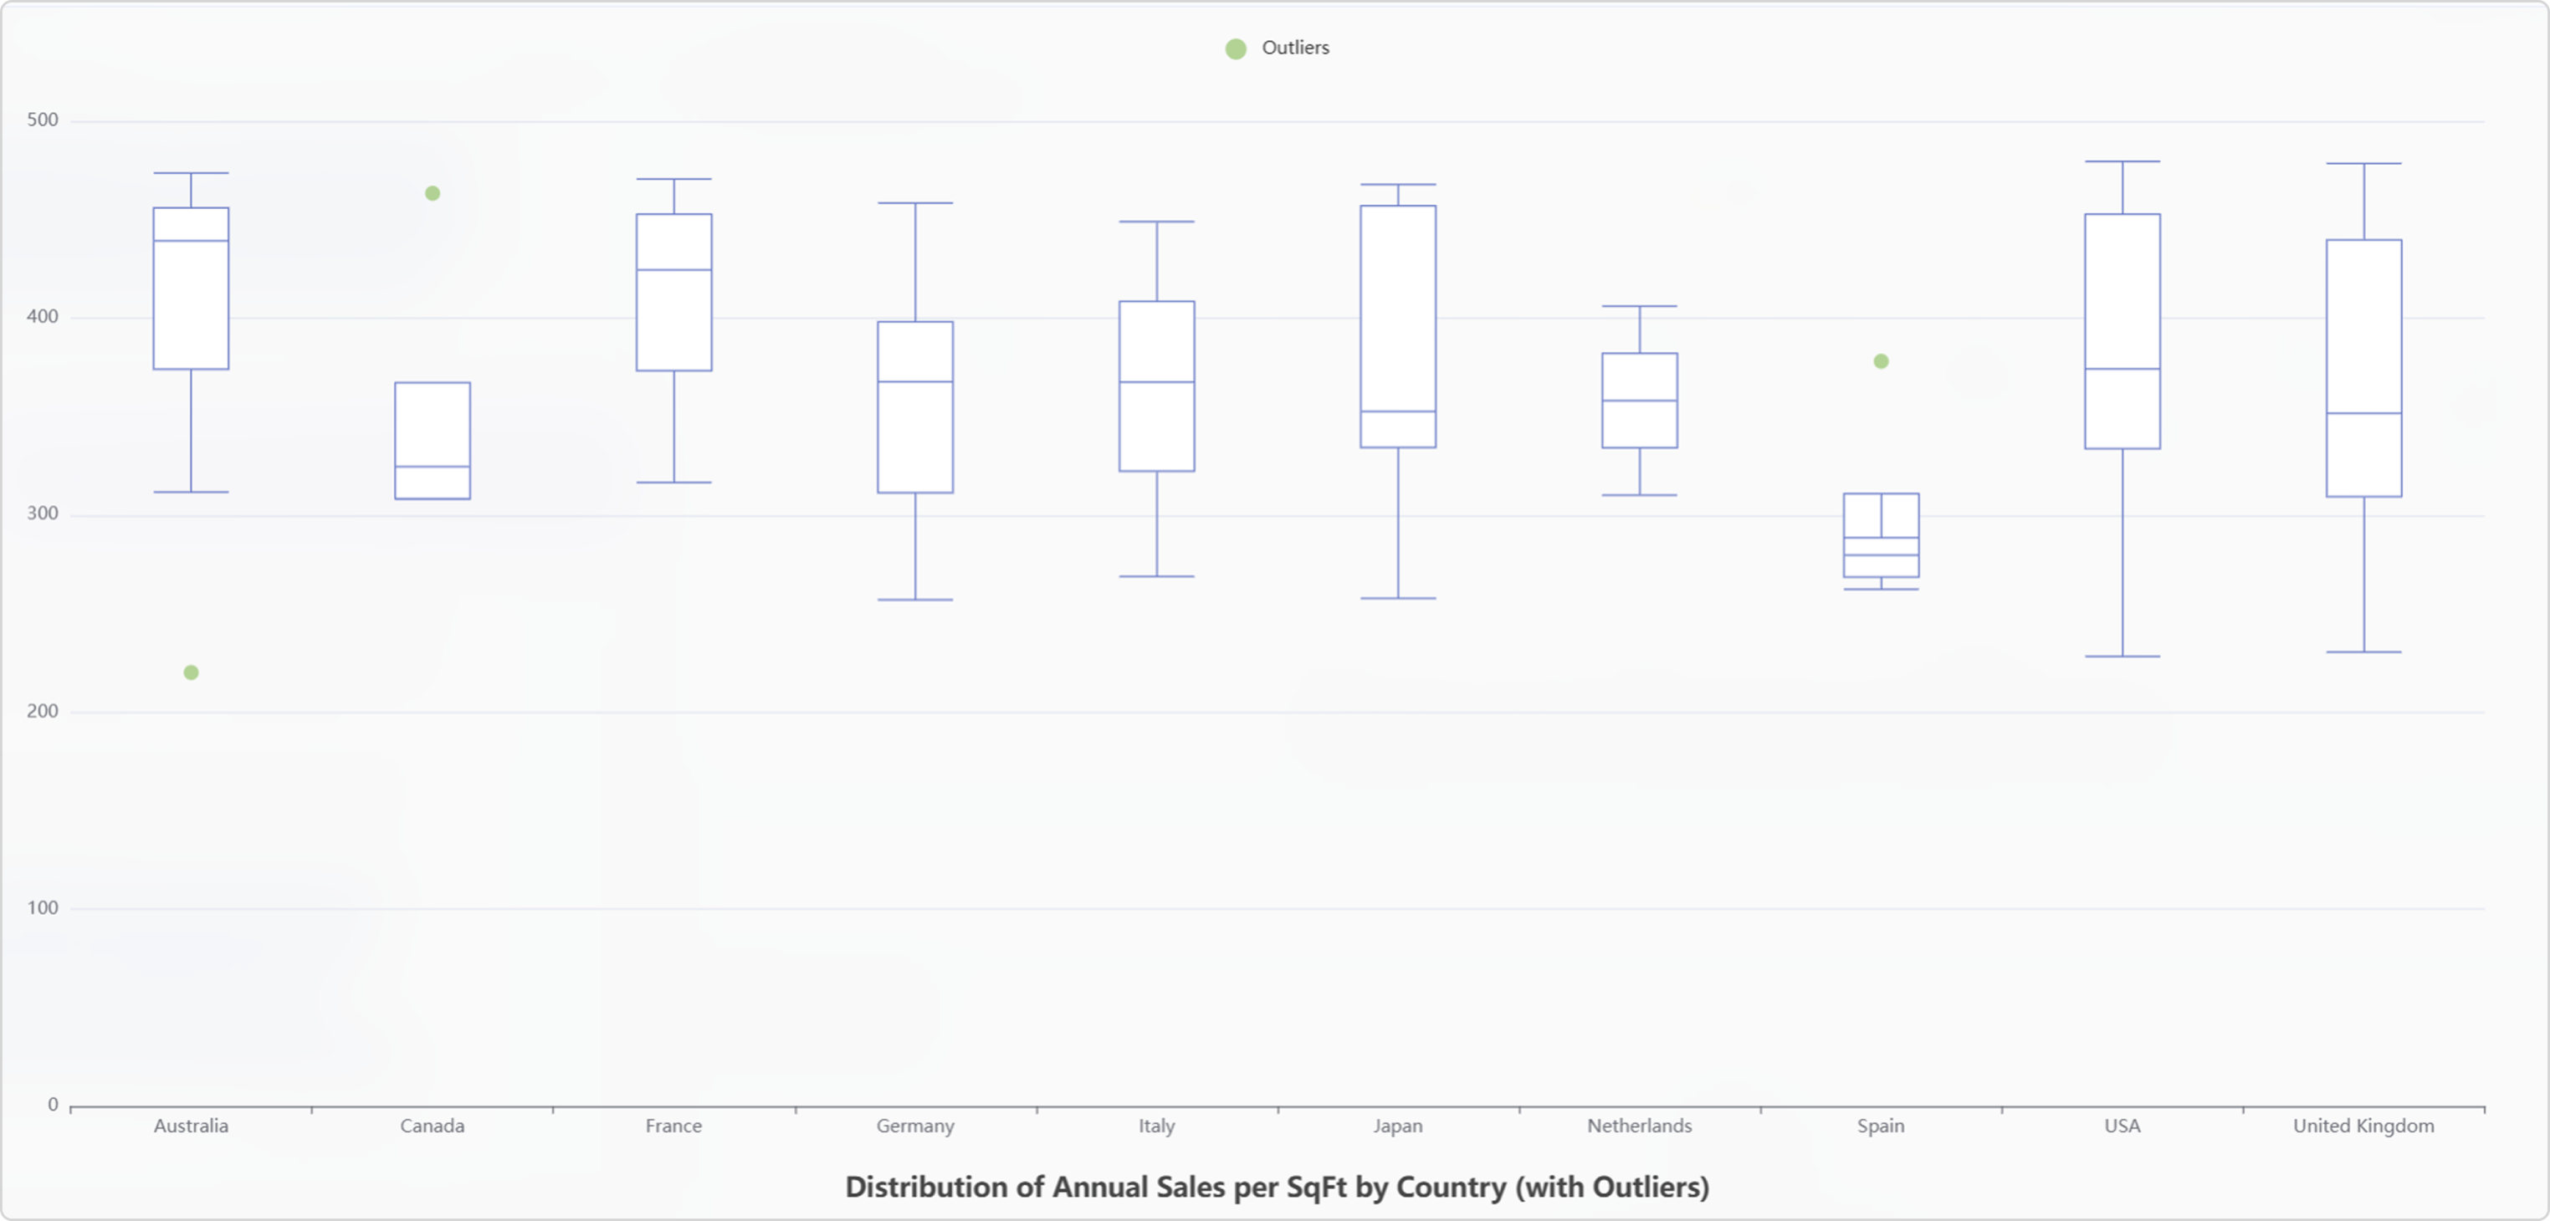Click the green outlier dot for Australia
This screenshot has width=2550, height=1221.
tap(191, 673)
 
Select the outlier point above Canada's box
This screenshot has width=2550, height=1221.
tap(433, 194)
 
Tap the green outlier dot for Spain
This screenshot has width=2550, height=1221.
tap(1881, 362)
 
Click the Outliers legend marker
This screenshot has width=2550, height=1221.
tap(1236, 49)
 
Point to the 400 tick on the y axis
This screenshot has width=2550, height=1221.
tap(43, 317)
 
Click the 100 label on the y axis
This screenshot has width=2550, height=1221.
tap(43, 907)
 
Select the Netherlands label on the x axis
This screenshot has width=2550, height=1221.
tap(1639, 1126)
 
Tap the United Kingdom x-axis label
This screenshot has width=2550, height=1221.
tap(2363, 1126)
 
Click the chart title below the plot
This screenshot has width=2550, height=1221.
tap(1276, 1187)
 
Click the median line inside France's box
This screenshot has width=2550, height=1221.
tap(674, 270)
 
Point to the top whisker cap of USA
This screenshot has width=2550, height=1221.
tap(2122, 161)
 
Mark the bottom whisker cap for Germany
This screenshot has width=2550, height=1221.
tap(915, 600)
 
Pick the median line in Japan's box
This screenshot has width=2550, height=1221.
tap(1398, 411)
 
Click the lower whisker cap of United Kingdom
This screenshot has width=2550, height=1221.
tap(2364, 652)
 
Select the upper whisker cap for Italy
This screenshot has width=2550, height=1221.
tap(1156, 222)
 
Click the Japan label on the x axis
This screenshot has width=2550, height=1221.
tap(1398, 1126)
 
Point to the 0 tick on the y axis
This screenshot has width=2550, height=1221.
tap(53, 1104)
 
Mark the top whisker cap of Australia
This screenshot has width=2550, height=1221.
tap(191, 173)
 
